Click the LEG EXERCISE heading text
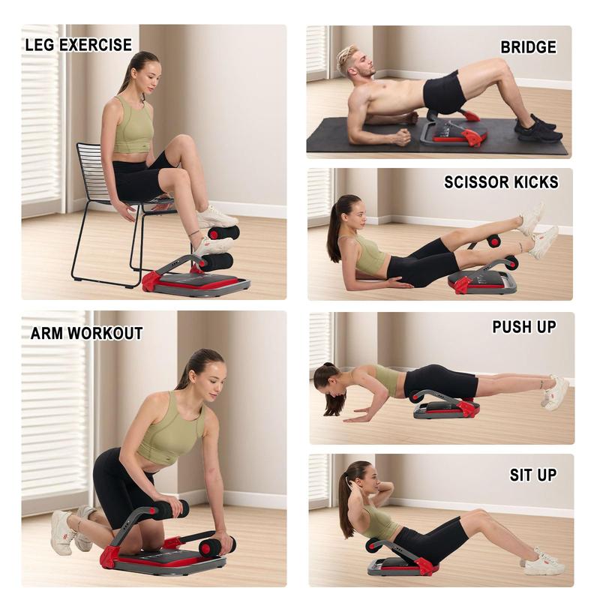[x=78, y=45]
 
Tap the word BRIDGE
[x=528, y=47]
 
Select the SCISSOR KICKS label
[x=501, y=182]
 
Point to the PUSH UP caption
[x=523, y=327]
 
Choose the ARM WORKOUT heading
[x=86, y=334]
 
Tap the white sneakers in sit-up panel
[x=544, y=563]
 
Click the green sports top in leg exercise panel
[x=134, y=127]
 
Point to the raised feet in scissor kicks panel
[x=536, y=229]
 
